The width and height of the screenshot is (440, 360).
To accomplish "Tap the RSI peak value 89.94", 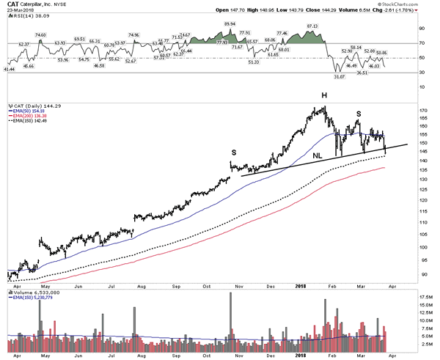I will pyautogui.click(x=230, y=24).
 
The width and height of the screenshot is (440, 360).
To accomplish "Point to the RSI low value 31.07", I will pyautogui.click(x=339, y=76).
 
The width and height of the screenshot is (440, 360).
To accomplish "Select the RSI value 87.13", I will pyautogui.click(x=312, y=26).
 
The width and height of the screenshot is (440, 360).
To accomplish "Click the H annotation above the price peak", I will pyautogui.click(x=323, y=96).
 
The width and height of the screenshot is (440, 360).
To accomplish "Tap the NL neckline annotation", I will pyautogui.click(x=318, y=155).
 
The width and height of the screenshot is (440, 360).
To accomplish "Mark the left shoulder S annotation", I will pyautogui.click(x=234, y=151).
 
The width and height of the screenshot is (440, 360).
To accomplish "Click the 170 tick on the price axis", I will pyautogui.click(x=424, y=111).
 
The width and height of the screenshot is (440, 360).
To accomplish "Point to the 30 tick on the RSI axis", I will pyautogui.click(x=422, y=72).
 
